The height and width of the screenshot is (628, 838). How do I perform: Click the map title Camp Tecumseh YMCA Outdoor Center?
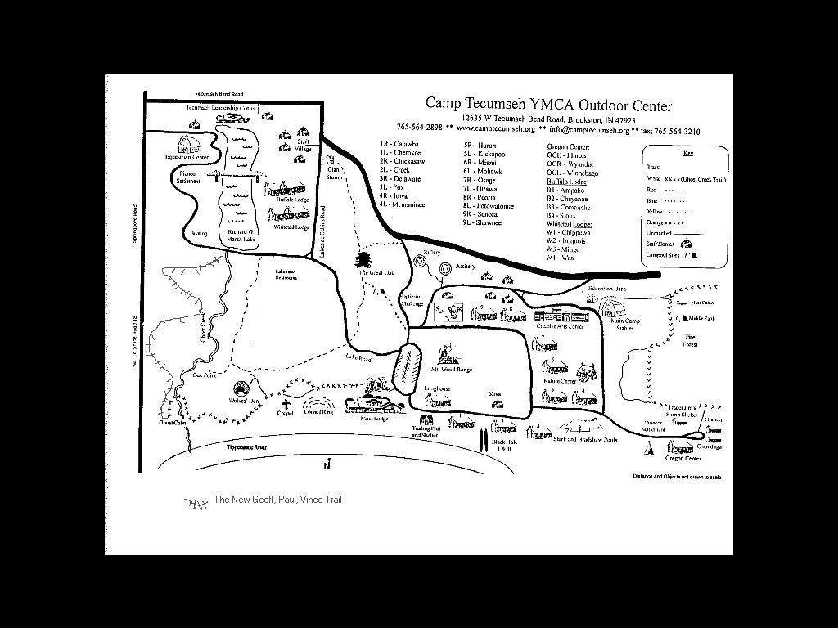pos(548,105)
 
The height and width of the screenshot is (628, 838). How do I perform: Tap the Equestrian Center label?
pos(187,157)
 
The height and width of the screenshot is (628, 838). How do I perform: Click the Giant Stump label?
pos(335,173)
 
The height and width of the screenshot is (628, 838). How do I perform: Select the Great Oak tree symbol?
pos(363,260)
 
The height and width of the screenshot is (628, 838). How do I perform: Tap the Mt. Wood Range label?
pos(452,370)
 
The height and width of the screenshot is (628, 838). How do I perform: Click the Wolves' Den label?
pos(244,401)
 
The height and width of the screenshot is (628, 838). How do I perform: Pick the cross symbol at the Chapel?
pos(286,404)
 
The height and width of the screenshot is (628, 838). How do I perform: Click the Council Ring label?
pos(318,412)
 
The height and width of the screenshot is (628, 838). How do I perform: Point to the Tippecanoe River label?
pos(247,448)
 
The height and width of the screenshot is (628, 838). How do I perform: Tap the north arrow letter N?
pos(327,467)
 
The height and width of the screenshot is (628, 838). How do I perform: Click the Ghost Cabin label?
pos(173,423)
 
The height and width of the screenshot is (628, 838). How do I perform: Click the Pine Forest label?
pos(691,340)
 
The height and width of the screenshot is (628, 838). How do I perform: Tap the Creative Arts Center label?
pos(560,325)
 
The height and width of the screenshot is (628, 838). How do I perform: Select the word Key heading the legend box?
pos(687,154)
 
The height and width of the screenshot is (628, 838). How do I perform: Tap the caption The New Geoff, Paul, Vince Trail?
pos(277,500)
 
